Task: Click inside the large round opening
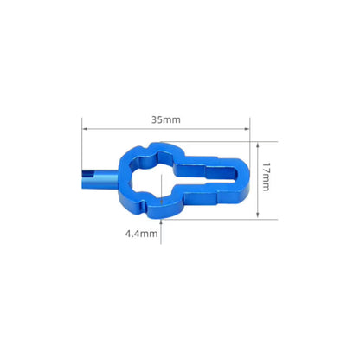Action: pyautogui.click(x=149, y=177)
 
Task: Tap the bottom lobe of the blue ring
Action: pyautogui.click(x=160, y=210)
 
